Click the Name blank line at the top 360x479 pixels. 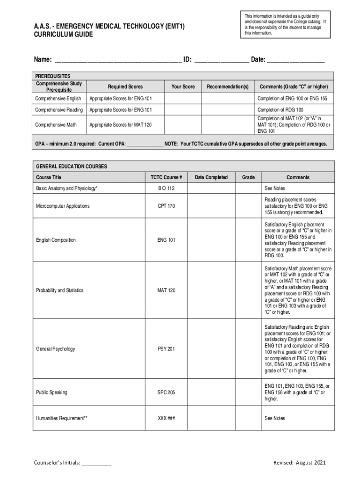[118, 60]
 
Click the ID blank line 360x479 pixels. [221, 60]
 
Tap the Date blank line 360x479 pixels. [295, 60]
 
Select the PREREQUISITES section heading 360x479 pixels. [53, 76]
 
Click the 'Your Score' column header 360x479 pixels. [183, 87]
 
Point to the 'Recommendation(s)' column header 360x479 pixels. [228, 87]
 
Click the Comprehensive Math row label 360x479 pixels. [56, 125]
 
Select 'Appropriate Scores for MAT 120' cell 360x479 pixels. [121, 125]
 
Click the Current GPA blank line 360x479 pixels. [145, 144]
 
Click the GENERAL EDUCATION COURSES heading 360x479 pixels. [72, 167]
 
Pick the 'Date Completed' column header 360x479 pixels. [211, 177]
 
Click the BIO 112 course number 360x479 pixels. [166, 188]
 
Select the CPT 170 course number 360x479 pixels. [166, 206]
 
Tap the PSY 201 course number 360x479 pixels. [166, 349]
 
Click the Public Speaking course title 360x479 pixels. [51, 392]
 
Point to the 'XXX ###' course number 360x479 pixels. [166, 418]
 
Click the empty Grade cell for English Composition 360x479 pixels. [248, 240]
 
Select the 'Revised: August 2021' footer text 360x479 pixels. [299, 463]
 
